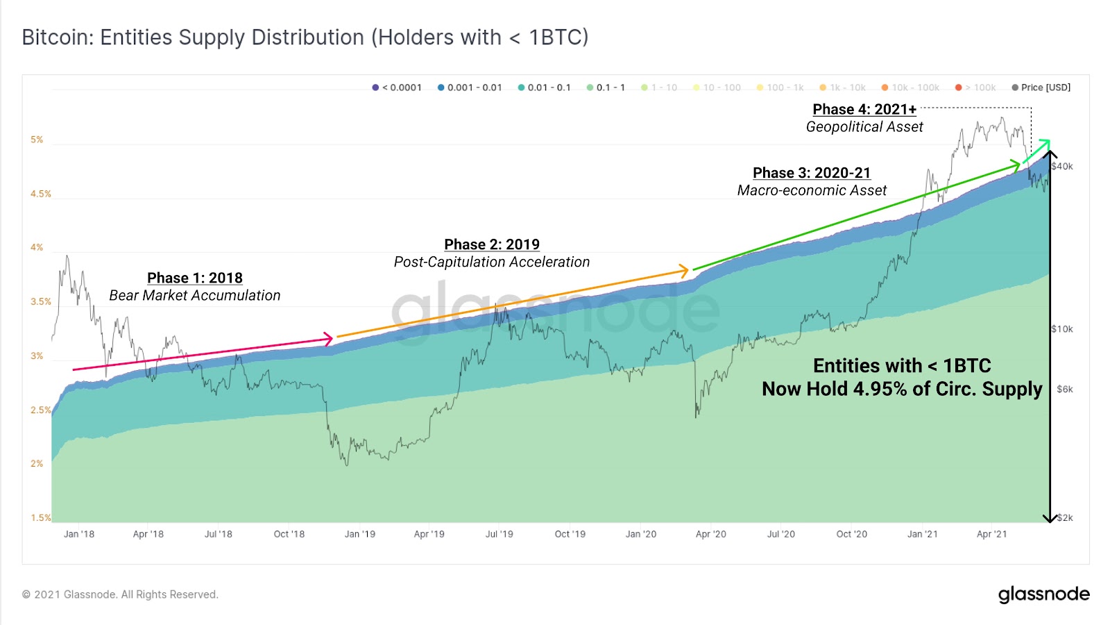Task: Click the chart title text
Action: pos(305,37)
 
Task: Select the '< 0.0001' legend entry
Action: pos(397,87)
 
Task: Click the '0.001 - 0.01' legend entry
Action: pos(470,87)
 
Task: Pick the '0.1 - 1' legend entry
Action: pos(606,87)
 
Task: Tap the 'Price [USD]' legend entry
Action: pos(1041,87)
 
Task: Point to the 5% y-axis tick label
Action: pos(37,140)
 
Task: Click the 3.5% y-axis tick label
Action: pos(40,301)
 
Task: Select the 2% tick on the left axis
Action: pos(37,463)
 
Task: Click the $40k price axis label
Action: pos(1062,167)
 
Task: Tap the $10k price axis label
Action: pos(1062,329)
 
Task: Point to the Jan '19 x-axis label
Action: pos(359,534)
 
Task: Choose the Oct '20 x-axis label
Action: pos(851,534)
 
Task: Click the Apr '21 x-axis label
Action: pos(991,534)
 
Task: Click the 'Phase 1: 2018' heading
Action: pos(195,278)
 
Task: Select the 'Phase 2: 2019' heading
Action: pos(492,244)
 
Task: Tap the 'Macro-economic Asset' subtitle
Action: pos(812,190)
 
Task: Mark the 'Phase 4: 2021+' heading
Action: pos(864,110)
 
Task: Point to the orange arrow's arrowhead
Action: pos(685,270)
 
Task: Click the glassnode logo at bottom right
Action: pos(1043,594)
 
